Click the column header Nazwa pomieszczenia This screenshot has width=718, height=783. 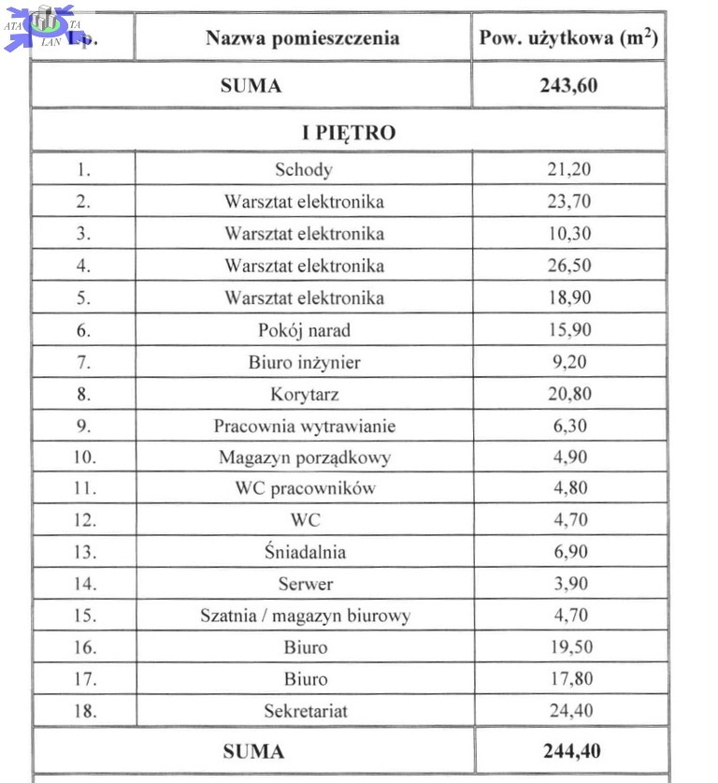302,38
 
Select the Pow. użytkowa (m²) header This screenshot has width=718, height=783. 568,38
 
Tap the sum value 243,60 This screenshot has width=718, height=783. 568,86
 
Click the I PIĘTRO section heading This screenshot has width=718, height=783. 349,133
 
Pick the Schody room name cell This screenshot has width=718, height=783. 304,169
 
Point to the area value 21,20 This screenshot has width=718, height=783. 568,169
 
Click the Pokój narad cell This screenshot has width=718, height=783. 304,330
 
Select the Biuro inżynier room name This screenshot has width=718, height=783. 304,362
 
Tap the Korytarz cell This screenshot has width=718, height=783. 304,395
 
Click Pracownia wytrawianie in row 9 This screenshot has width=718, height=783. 304,427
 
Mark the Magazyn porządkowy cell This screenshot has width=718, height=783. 304,458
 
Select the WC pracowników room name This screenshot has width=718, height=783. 304,488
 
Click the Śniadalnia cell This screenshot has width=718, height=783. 304,552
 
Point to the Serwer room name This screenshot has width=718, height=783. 304,585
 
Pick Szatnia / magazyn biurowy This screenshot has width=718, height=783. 304,616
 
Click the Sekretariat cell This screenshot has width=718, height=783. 304,711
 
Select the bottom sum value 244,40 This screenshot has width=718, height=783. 570,751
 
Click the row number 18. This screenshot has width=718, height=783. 84,711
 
